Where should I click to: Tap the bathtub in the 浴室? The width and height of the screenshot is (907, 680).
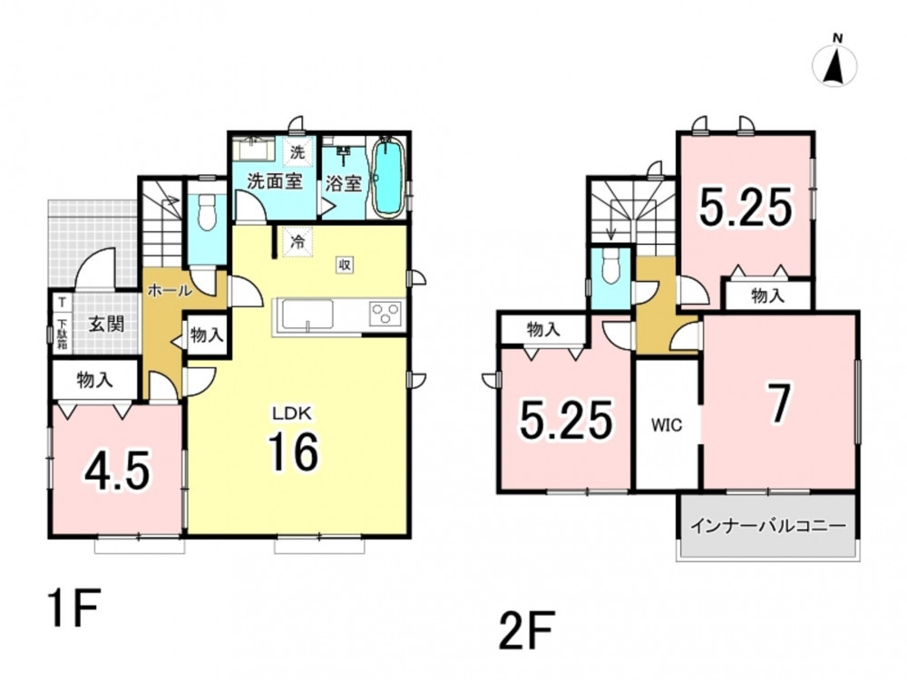[385, 178]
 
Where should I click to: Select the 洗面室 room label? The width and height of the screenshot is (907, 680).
[275, 181]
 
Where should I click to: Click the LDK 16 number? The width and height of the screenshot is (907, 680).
[293, 452]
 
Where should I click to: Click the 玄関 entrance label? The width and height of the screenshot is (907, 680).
[106, 324]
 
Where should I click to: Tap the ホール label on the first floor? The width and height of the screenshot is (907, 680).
[170, 290]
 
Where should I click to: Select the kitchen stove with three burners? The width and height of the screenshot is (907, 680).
[385, 315]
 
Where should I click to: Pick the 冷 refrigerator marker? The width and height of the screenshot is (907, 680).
[297, 242]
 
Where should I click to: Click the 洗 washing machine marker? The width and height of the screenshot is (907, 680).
[297, 152]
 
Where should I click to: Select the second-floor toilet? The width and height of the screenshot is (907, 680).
[610, 267]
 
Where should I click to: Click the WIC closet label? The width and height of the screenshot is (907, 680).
[667, 425]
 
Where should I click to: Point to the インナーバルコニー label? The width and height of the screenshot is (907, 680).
[768, 526]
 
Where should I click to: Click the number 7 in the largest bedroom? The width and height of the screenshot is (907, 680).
[779, 404]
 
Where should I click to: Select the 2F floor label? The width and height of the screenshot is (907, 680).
[526, 630]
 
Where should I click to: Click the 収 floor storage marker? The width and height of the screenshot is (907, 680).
[344, 266]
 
